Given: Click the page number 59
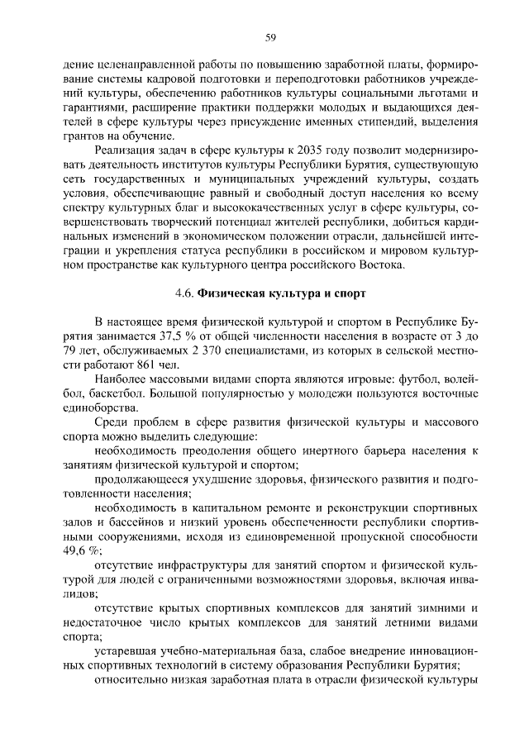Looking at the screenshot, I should pos(269,36).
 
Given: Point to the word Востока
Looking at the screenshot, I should pos(379,265).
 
